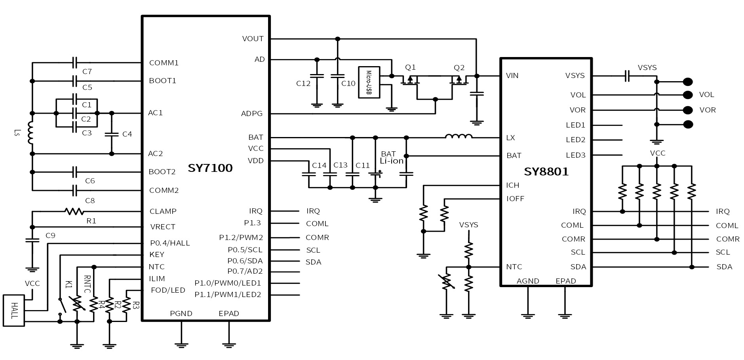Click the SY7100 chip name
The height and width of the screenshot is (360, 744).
pyautogui.click(x=210, y=168)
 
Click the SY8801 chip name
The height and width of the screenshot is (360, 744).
pyautogui.click(x=546, y=171)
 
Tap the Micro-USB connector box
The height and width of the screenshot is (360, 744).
pyautogui.click(x=369, y=82)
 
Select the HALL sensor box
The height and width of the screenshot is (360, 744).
pyautogui.click(x=14, y=310)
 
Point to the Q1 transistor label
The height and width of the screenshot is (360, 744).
pyautogui.click(x=411, y=67)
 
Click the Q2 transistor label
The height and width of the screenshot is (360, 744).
pyautogui.click(x=459, y=68)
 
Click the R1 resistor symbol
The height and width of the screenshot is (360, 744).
pyautogui.click(x=74, y=211)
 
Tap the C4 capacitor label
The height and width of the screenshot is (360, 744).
pyautogui.click(x=127, y=134)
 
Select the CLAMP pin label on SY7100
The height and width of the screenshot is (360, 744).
pyautogui.click(x=163, y=211)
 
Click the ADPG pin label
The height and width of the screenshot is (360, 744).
pyautogui.click(x=252, y=114)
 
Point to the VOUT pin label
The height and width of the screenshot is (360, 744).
pyautogui.click(x=253, y=39)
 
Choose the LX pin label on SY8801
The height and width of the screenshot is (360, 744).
pyautogui.click(x=511, y=138)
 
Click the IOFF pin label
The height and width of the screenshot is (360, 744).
pyautogui.click(x=515, y=199)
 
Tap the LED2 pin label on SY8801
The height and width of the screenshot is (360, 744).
pyautogui.click(x=575, y=140)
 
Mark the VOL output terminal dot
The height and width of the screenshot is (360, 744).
pyautogui.click(x=688, y=95)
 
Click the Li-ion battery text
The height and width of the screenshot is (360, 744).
pyautogui.click(x=392, y=161)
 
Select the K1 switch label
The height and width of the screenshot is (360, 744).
pyautogui.click(x=69, y=284)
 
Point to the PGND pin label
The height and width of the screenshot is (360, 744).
pyautogui.click(x=181, y=314)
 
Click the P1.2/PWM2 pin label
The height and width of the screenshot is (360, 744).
pyautogui.click(x=241, y=238)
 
